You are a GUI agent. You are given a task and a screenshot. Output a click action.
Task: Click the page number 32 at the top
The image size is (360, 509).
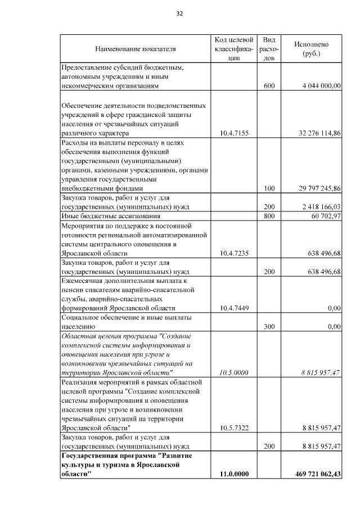click(180, 13)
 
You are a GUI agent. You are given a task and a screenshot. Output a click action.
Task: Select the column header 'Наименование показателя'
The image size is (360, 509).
click(135, 49)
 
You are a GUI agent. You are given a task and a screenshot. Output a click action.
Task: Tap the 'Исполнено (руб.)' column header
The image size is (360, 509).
click(311, 49)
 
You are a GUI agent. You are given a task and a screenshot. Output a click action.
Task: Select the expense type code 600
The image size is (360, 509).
click(269, 86)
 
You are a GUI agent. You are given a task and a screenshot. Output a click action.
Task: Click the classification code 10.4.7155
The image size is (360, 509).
click(233, 133)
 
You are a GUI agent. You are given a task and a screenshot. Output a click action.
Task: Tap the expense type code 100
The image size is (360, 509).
click(269, 188)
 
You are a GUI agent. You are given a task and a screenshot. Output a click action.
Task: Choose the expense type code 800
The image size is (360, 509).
click(269, 216)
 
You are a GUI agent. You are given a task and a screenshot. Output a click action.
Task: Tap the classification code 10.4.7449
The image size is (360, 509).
click(233, 308)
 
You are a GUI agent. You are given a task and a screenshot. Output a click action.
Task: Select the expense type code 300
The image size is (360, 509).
click(269, 326)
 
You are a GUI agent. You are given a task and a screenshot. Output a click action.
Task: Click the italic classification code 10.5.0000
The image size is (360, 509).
click(233, 373)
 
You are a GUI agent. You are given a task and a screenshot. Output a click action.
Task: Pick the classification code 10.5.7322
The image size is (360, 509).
click(233, 428)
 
